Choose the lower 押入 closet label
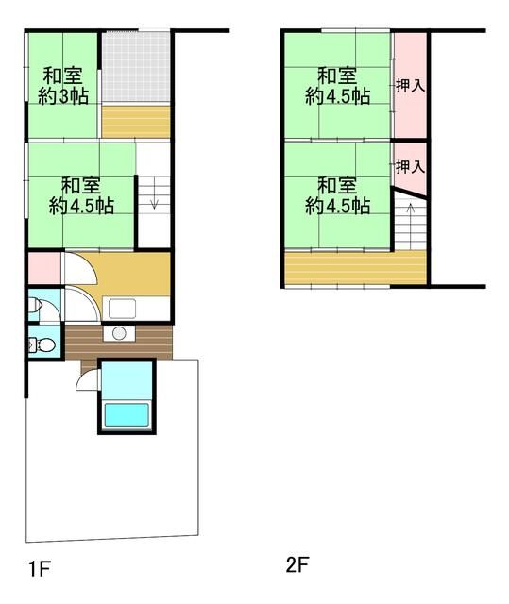coord(409,167)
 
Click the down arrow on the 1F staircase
coord(153,201)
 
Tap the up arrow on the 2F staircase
coord(409,230)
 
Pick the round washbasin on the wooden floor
coord(120,333)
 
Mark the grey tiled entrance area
coord(136,65)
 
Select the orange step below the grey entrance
coord(136,121)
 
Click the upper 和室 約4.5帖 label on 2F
coord(337,85)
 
